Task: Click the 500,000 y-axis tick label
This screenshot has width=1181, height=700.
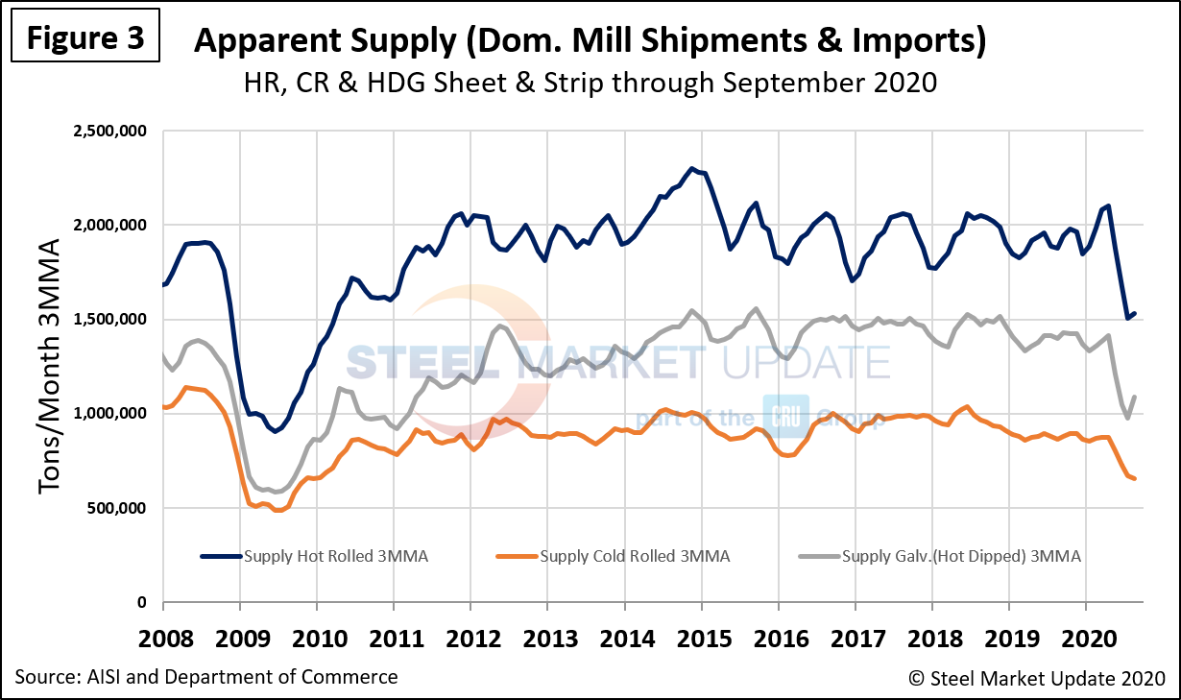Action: tap(114, 508)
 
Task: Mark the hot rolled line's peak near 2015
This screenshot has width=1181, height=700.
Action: tap(692, 168)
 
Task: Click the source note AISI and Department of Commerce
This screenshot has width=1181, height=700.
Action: tap(206, 677)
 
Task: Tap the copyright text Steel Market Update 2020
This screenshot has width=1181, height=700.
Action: tap(1037, 679)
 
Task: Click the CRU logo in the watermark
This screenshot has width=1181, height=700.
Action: tap(785, 416)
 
